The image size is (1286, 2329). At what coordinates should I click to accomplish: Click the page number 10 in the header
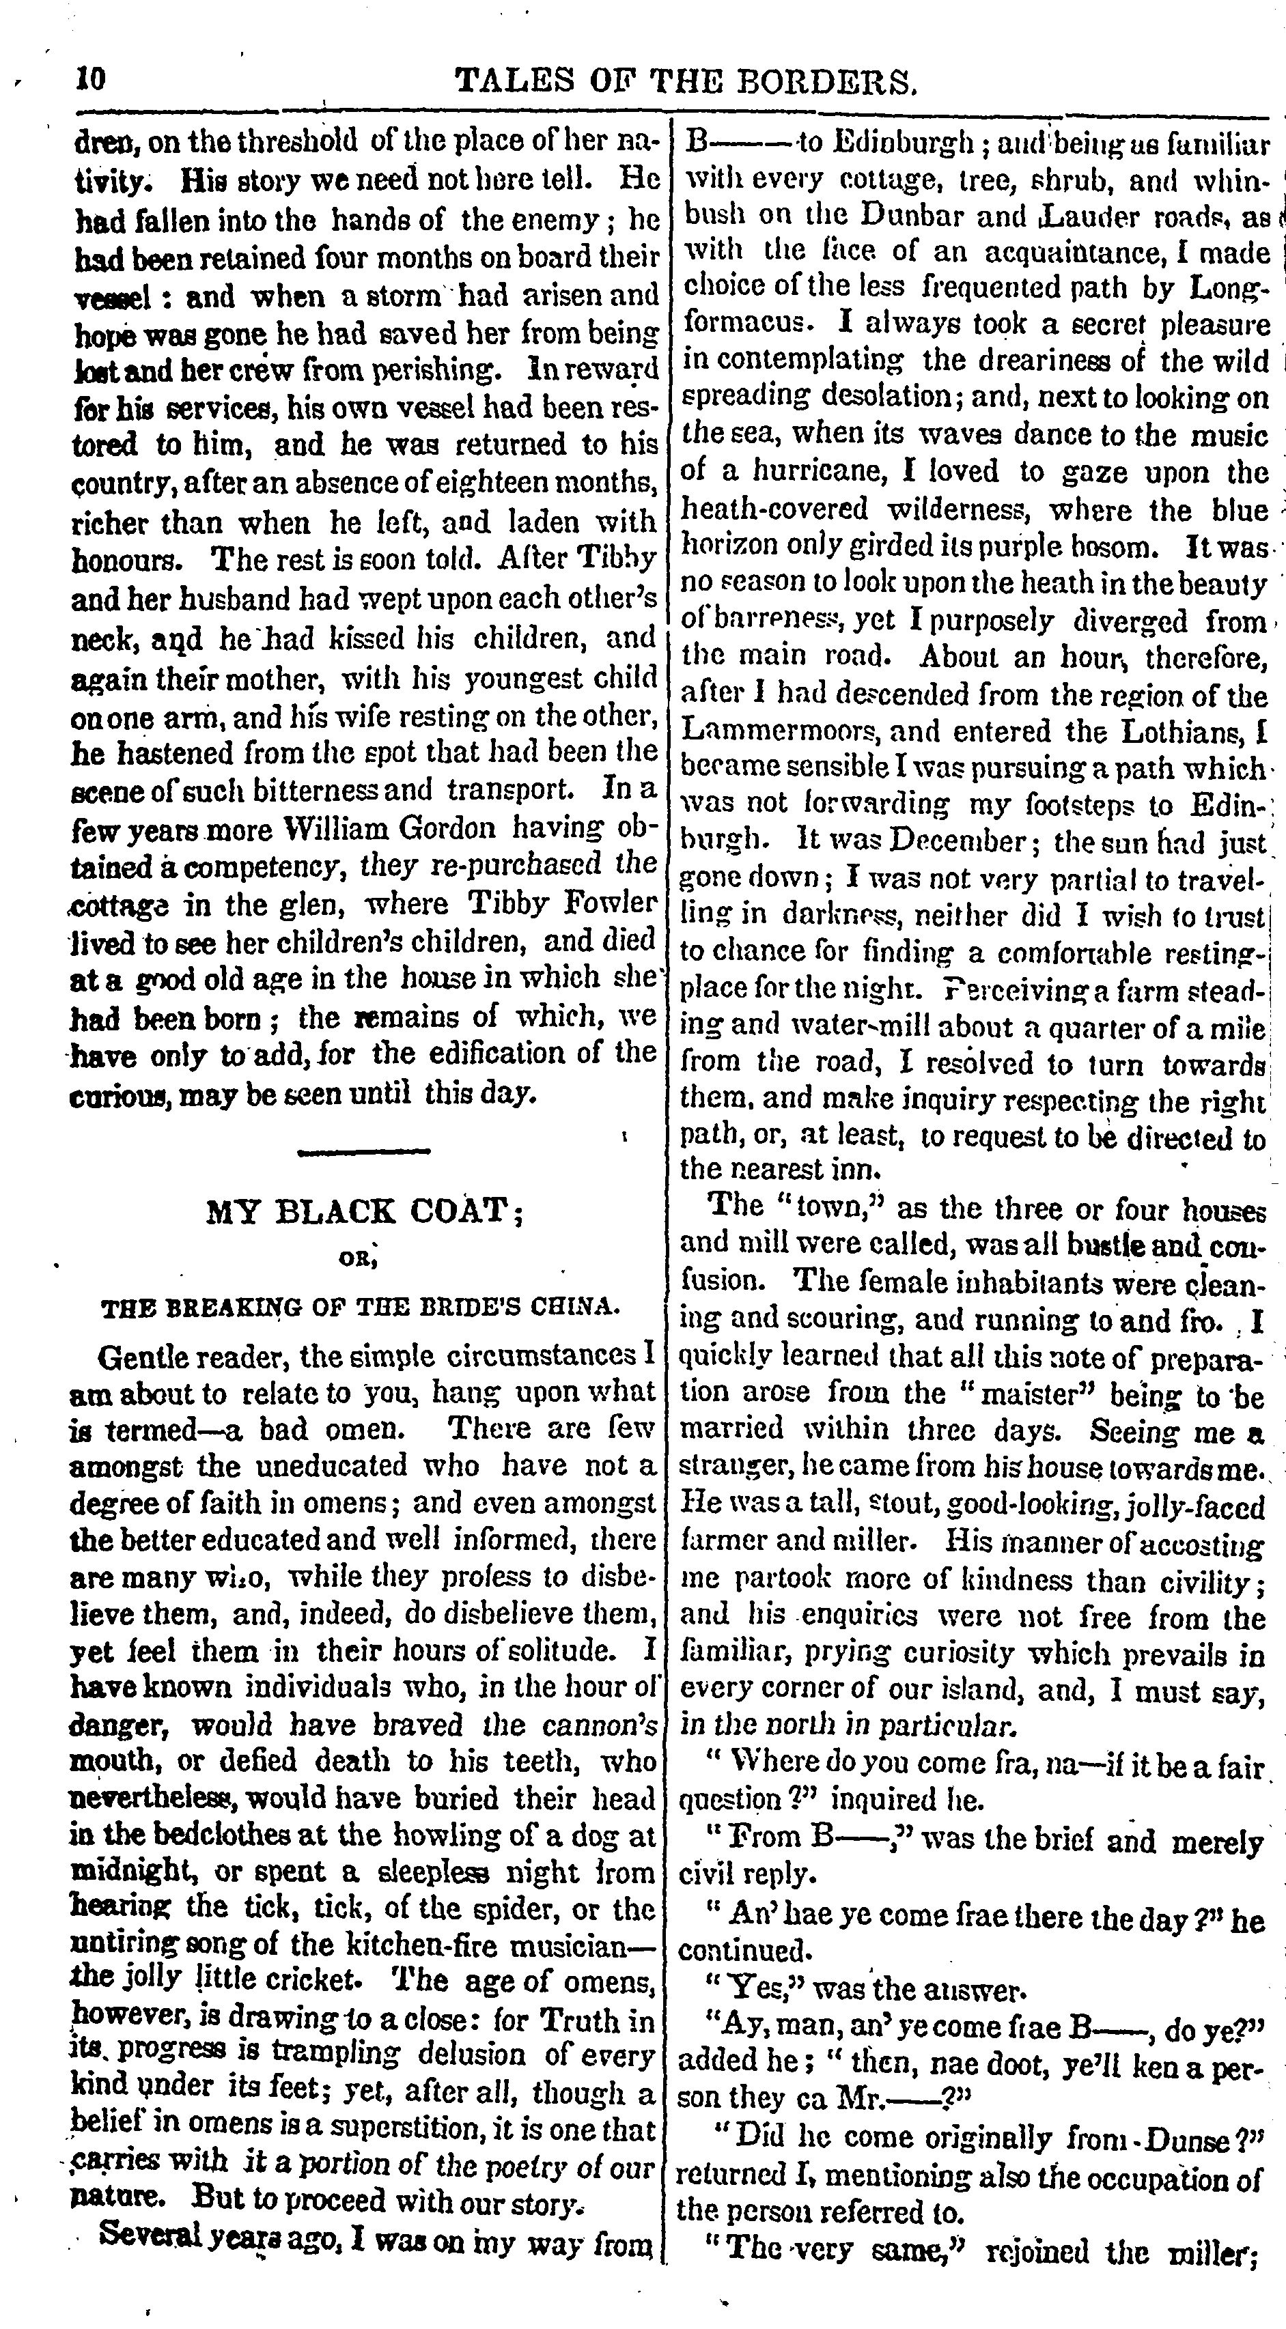click(x=90, y=81)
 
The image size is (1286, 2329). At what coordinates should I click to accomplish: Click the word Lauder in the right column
click(x=1071, y=215)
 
